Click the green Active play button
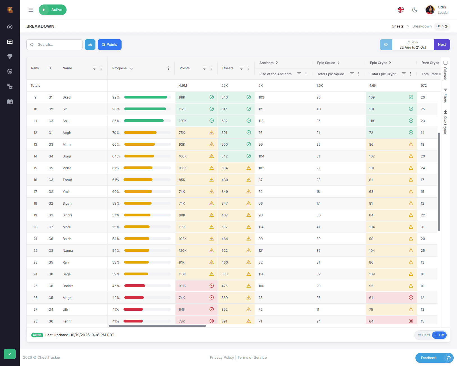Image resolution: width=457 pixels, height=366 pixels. tap(52, 10)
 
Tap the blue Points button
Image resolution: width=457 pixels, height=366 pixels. tap(109, 45)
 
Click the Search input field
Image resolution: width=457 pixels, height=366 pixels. tap(54, 45)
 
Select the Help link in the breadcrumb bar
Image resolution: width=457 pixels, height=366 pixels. tap(442, 26)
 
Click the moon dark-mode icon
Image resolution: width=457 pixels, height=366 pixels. tap(415, 10)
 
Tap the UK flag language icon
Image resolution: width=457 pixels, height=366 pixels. tap(401, 10)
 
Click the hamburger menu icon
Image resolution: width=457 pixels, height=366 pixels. tap(31, 10)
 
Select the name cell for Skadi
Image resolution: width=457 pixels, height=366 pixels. tap(67, 97)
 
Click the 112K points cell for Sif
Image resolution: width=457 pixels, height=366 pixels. tap(196, 109)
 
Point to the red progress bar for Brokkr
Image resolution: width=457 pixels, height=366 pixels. tap(135, 286)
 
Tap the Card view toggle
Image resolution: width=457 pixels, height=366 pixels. tap(424, 335)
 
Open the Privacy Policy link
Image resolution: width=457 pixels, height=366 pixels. tap(222, 357)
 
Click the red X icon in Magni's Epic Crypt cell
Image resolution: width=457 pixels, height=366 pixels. tap(411, 298)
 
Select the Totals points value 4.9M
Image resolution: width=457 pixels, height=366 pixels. tap(183, 86)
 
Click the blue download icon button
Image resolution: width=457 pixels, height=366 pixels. tap(90, 45)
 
